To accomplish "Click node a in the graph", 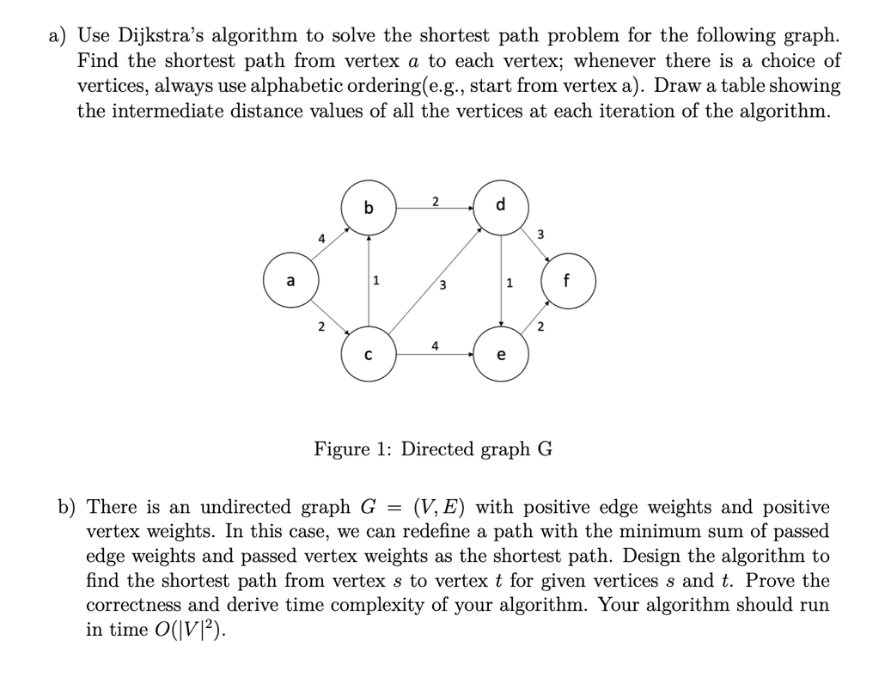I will pos(290,281).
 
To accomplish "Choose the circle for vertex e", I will pos(502,354).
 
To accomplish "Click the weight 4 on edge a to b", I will pos(321,240).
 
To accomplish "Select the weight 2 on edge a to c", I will pos(320,326).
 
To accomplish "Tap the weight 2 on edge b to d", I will pos(435,201).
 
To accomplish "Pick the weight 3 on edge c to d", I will pos(442,286).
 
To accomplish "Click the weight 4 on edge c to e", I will pos(436,345).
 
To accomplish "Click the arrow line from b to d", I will pos(435,208).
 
